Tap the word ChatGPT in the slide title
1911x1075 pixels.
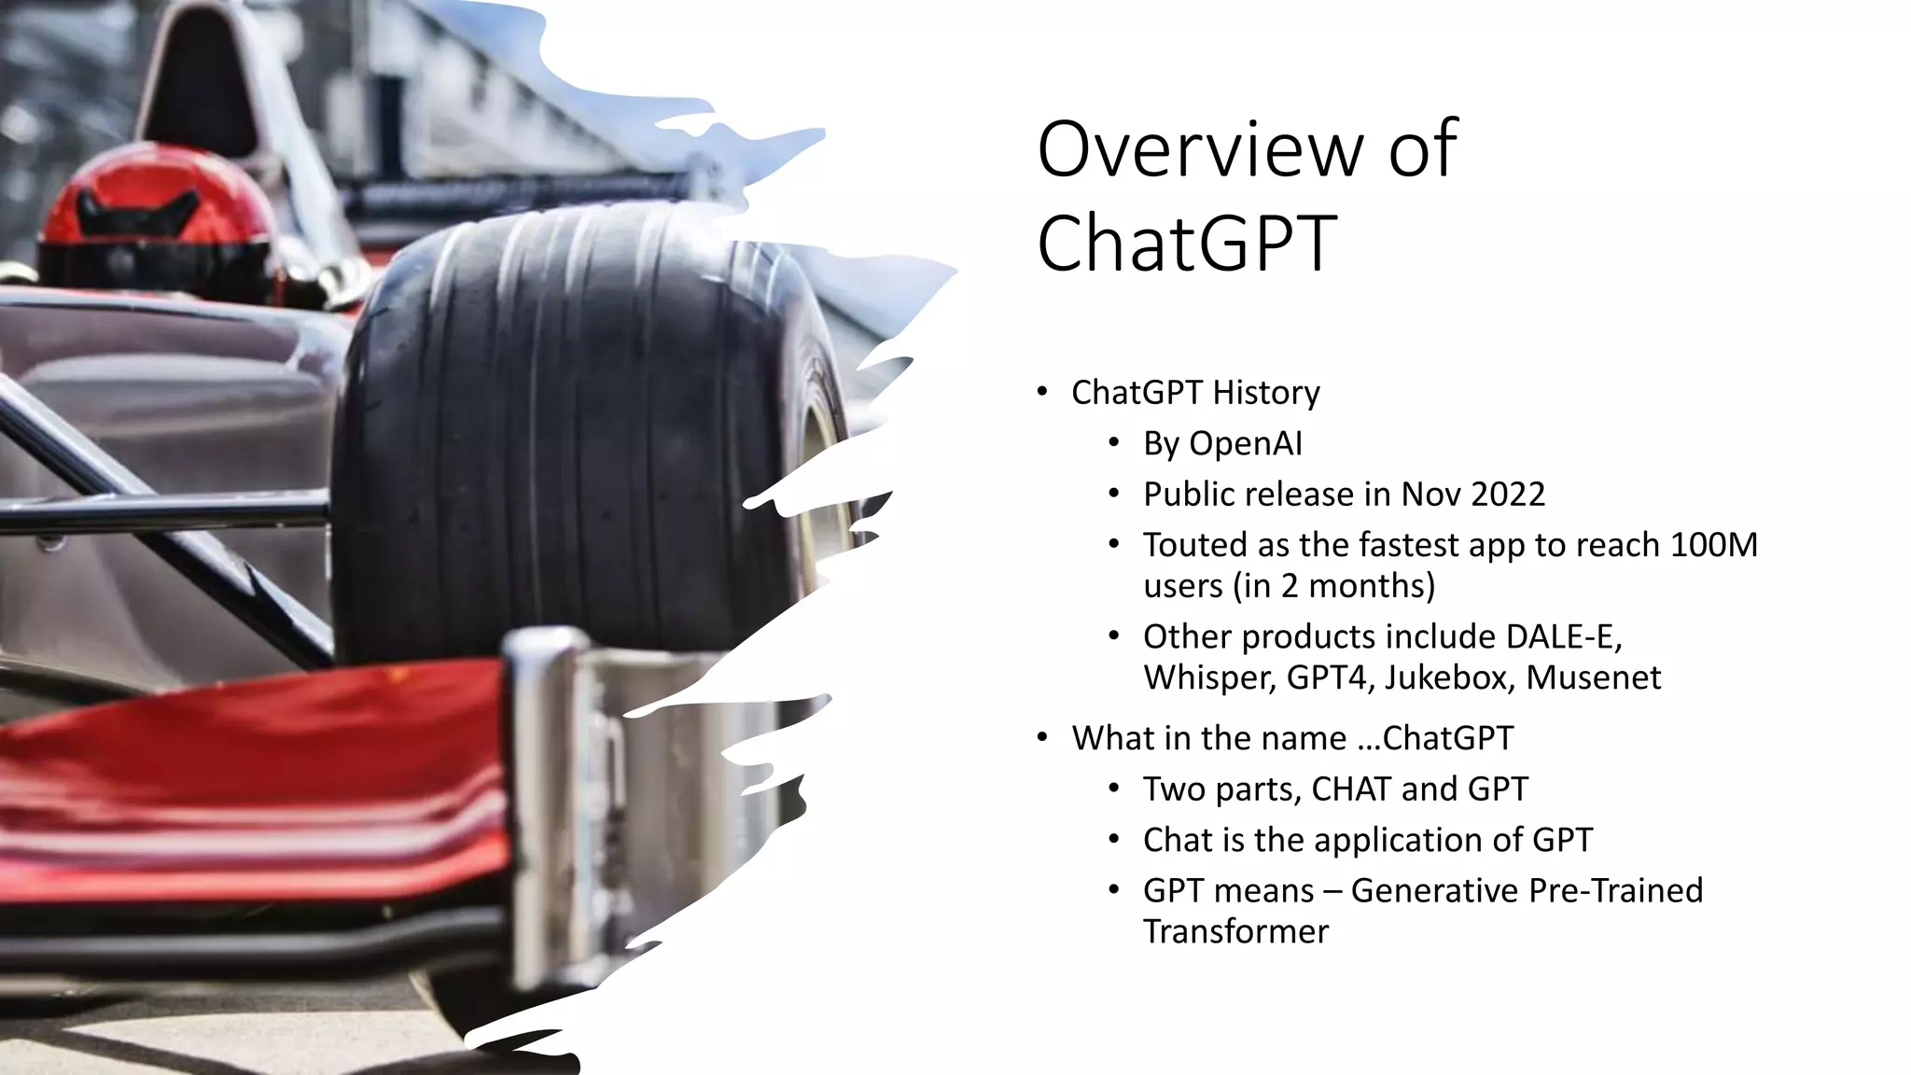tap(1187, 243)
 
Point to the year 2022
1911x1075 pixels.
tap(1507, 494)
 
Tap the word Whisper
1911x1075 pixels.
tap(1208, 678)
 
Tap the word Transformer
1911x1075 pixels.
tap(1235, 931)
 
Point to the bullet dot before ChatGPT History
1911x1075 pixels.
tap(1042, 392)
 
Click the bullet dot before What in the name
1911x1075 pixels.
tap(1042, 738)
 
